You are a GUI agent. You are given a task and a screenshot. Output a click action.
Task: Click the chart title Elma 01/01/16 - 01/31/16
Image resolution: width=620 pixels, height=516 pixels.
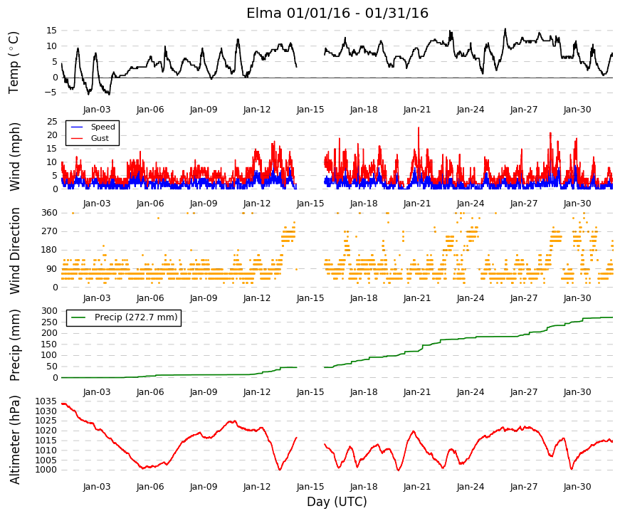pyautogui.click(x=337, y=13)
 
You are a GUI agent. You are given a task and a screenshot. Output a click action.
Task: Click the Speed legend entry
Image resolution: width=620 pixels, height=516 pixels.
pyautogui.click(x=93, y=127)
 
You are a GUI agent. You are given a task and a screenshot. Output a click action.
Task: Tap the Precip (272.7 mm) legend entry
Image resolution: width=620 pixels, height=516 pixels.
pyautogui.click(x=124, y=317)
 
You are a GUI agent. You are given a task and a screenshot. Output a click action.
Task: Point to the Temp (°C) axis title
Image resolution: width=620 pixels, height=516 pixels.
pyautogui.click(x=14, y=63)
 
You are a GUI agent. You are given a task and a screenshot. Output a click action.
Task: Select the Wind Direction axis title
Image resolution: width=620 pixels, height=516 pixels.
pyautogui.click(x=15, y=251)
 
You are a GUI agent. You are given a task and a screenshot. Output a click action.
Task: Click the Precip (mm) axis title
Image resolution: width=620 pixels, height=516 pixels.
pyautogui.click(x=14, y=345)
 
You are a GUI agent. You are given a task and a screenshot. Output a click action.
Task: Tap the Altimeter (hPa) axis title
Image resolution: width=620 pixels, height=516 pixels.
pyautogui.click(x=14, y=440)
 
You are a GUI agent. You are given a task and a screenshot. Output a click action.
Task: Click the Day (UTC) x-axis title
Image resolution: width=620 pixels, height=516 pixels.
pyautogui.click(x=337, y=502)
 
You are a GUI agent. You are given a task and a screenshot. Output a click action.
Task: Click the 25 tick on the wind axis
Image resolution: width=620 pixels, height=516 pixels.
pyautogui.click(x=52, y=122)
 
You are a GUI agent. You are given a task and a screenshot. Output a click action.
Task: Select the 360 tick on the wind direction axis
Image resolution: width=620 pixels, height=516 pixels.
pyautogui.click(x=50, y=213)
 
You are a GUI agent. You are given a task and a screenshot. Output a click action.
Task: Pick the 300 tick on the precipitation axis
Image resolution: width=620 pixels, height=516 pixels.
pyautogui.click(x=50, y=311)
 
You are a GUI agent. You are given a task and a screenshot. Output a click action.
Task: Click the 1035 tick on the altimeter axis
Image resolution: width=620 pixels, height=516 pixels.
pyautogui.click(x=46, y=401)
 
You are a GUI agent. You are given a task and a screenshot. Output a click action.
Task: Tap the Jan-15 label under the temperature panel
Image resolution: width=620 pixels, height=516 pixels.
pyautogui.click(x=310, y=110)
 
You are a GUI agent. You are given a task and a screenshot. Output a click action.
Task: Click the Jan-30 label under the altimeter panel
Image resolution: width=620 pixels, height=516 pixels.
pyautogui.click(x=577, y=487)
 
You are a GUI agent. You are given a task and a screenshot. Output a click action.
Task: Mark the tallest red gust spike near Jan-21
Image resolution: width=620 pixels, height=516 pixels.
pyautogui.click(x=419, y=127)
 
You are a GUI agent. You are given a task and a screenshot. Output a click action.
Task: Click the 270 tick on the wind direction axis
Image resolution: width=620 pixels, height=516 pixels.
pyautogui.click(x=50, y=231)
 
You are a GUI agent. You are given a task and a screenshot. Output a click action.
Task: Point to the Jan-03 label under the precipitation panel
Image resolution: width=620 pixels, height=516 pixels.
pyautogui.click(x=97, y=392)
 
